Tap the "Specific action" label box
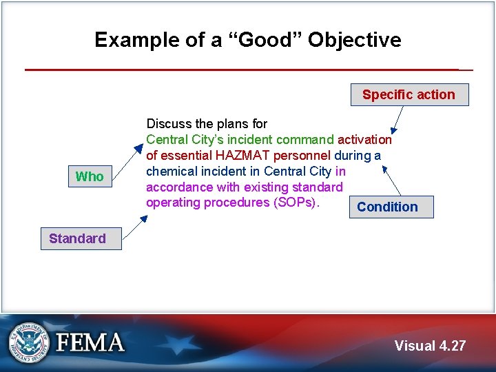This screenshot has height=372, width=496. click(409, 95)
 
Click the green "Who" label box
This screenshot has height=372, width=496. click(90, 176)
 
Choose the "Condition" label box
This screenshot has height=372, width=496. click(387, 207)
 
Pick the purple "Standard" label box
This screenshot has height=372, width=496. click(78, 238)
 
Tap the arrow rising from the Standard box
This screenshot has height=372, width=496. click(134, 227)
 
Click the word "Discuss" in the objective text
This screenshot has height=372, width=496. click(169, 124)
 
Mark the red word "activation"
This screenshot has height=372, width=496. click(364, 140)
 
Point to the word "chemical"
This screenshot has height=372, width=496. click(169, 172)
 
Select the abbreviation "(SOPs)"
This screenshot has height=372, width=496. click(297, 203)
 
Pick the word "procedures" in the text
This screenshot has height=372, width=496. click(229, 203)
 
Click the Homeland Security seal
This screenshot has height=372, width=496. click(30, 342)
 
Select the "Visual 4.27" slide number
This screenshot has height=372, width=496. click(430, 346)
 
